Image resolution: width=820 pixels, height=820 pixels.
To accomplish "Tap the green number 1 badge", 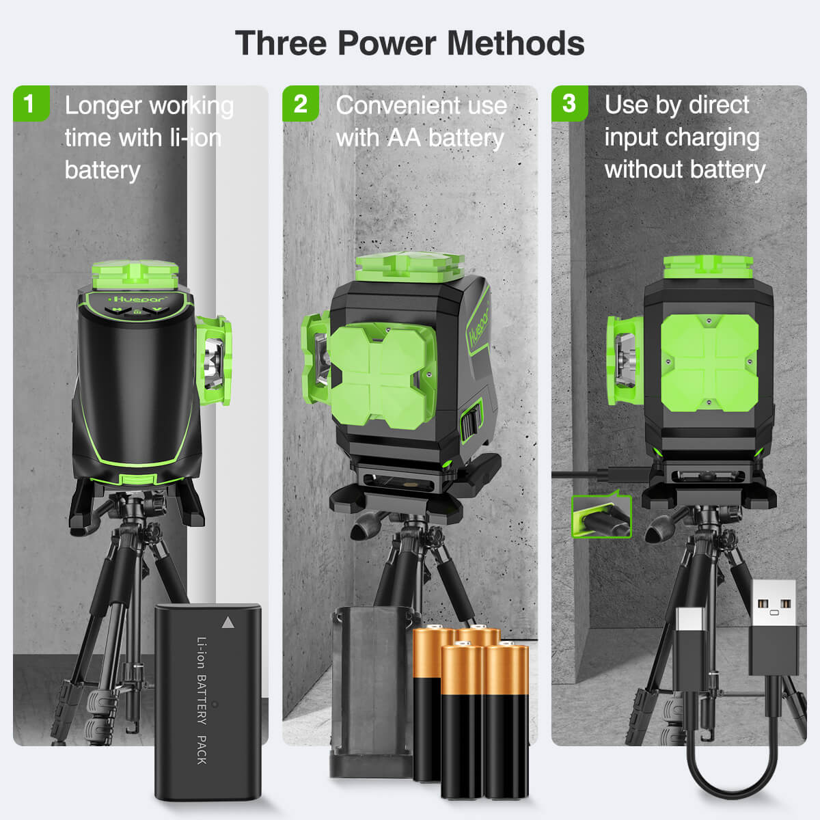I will coord(29,103).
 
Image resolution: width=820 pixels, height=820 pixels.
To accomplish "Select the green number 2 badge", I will coord(300,103).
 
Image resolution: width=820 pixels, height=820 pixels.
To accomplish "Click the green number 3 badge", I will coord(569,103).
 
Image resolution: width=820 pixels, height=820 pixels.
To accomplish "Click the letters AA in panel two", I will coord(404,138).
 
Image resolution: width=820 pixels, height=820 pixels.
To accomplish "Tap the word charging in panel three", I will coord(715,138).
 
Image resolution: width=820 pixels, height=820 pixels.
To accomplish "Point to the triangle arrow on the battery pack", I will coord(228,623).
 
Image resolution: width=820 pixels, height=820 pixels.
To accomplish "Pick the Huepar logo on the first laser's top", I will coord(130,299).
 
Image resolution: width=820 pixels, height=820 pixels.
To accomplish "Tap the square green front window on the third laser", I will coord(709,362).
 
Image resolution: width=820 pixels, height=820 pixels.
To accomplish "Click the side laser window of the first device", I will coord(213,359).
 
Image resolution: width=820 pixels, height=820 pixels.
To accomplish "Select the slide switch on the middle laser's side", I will coord(471,424).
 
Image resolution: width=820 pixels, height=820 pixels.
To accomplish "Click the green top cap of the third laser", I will coord(708,267).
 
